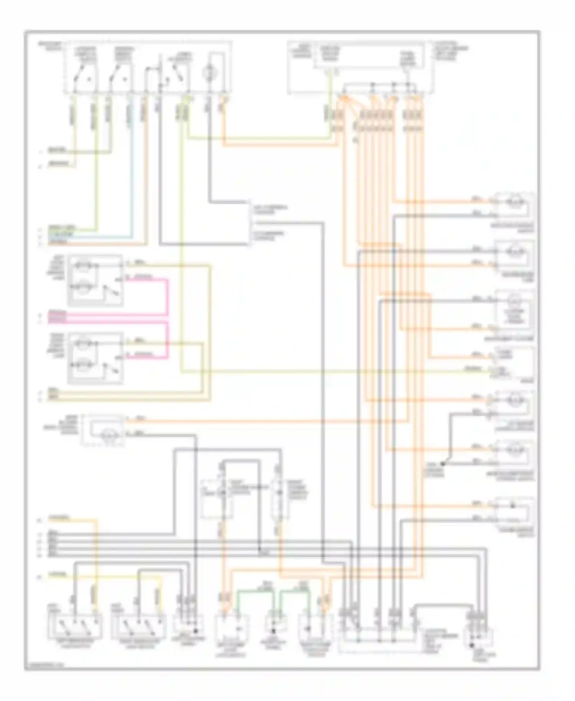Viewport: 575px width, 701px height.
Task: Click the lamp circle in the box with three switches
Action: pyautogui.click(x=209, y=72)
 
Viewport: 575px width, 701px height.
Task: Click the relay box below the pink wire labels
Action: pyautogui.click(x=95, y=358)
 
